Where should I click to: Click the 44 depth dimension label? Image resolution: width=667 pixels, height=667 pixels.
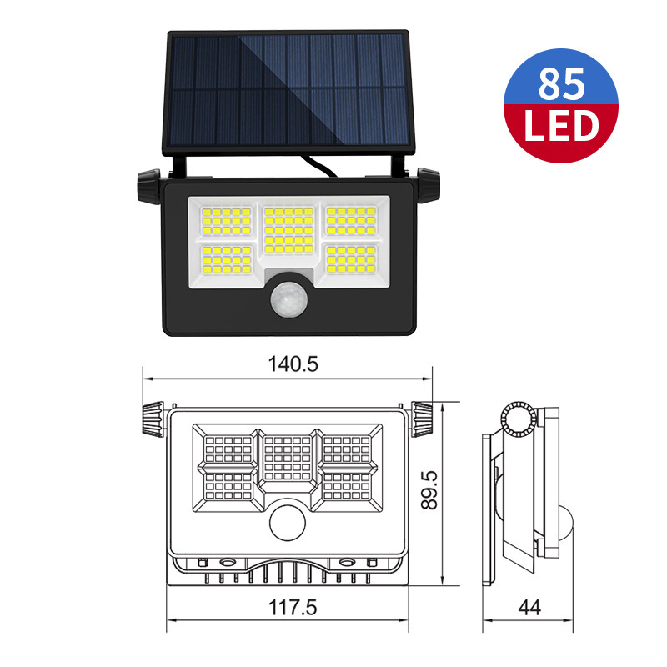point(529,608)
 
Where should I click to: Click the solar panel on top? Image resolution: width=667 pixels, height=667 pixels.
point(289,92)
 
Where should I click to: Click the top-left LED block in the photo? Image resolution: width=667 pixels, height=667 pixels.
point(226,221)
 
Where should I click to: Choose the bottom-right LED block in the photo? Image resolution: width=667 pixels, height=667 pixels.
point(351,259)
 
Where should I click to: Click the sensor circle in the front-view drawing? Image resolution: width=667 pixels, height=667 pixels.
point(288,523)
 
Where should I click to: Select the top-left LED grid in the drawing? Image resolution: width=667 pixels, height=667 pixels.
point(228,449)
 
